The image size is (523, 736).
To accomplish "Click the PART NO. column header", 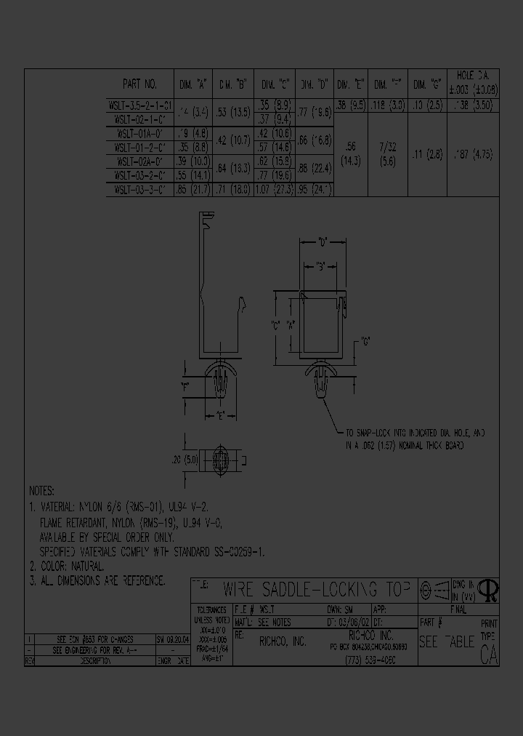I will (139, 83).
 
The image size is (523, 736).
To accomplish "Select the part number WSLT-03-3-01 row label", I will (141, 190).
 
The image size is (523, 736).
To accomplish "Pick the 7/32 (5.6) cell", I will (388, 156).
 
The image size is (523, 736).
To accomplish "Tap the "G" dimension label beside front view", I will (366, 342).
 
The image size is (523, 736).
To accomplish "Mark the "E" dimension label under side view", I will (219, 416).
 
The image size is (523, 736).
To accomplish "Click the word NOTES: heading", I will (42, 492).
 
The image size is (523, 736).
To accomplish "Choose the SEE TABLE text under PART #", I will (446, 642).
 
